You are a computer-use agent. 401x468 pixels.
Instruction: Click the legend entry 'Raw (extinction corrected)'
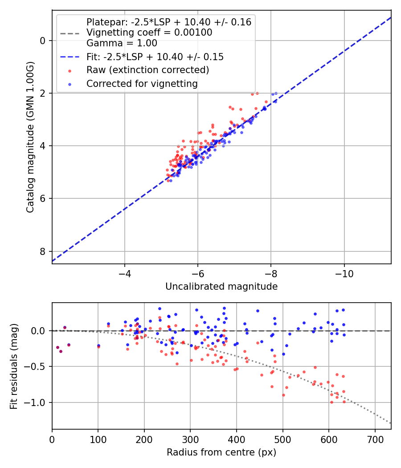(147, 70)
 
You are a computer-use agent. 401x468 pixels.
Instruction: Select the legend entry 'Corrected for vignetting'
(142, 83)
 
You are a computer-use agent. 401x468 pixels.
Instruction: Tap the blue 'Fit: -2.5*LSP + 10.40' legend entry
(155, 57)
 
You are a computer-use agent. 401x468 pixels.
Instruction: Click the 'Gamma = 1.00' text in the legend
(122, 43)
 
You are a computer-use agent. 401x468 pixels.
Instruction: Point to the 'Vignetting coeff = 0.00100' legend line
(149, 33)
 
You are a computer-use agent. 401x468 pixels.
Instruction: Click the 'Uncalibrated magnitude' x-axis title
(221, 287)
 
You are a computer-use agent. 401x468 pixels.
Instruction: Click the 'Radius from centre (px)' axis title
(221, 452)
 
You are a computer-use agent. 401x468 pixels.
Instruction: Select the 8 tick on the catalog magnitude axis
(43, 251)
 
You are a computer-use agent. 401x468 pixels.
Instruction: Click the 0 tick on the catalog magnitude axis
(43, 41)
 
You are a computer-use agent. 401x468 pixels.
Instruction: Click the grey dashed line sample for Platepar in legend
(69, 33)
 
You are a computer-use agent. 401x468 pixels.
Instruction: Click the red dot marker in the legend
(69, 70)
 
